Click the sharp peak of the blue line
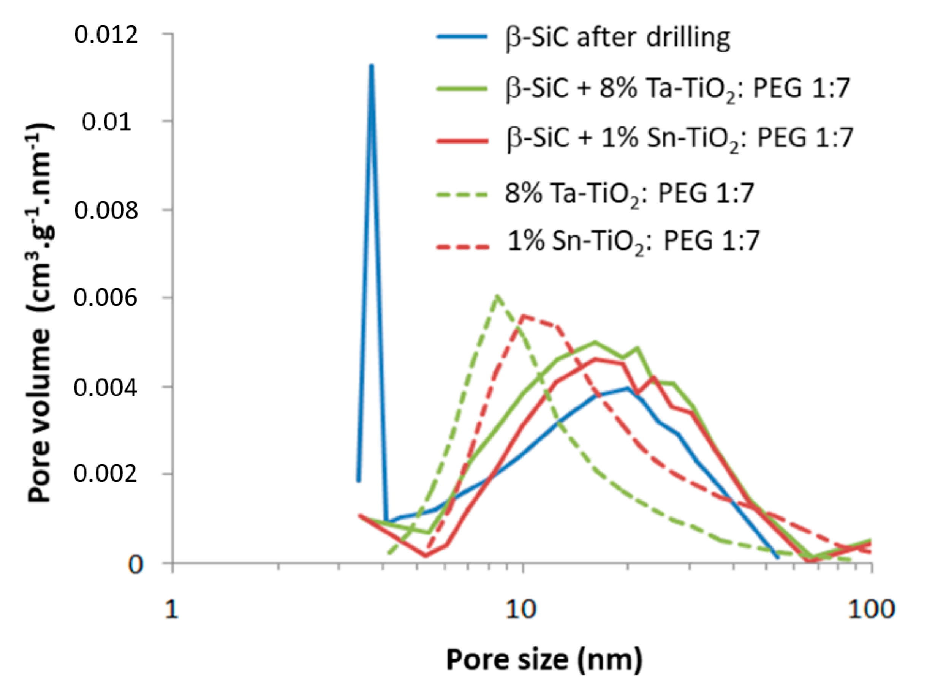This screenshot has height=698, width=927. [x=371, y=66]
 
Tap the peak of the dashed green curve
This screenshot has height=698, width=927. [x=497, y=296]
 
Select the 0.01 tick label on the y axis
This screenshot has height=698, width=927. [x=106, y=122]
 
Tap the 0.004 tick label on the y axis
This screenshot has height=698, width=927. [x=106, y=387]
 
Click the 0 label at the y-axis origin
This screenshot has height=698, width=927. [x=135, y=565]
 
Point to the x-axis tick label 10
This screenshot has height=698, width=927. [x=521, y=609]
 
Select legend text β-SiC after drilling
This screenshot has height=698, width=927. [x=618, y=38]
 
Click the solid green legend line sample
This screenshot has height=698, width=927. [x=462, y=88]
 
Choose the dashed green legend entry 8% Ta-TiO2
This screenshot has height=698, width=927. [x=629, y=194]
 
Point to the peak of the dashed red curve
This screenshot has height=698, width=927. [x=524, y=316]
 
